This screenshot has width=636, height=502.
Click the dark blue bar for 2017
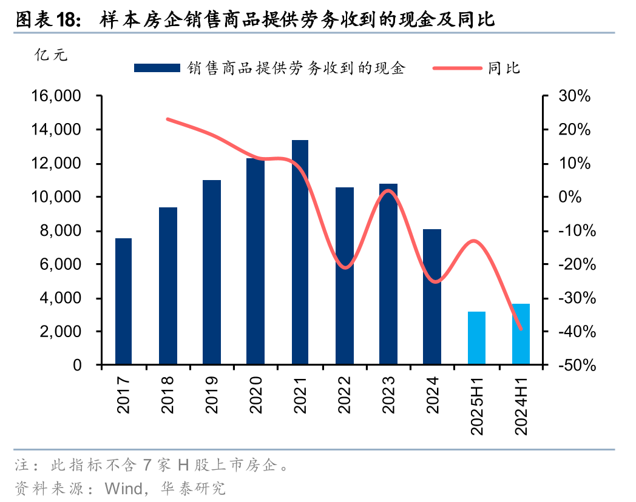tap(124, 302)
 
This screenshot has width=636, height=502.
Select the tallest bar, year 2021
tap(300, 253)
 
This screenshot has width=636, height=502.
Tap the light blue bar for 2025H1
tap(476, 338)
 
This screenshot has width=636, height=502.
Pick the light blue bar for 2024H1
tap(521, 335)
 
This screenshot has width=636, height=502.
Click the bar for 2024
tap(432, 297)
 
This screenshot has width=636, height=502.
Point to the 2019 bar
tap(212, 273)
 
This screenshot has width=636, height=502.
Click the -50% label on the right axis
tap(572, 366)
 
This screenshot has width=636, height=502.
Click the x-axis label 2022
tap(345, 394)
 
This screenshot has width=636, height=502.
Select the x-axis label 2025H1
tap(477, 405)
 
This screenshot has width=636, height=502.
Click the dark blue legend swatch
tap(157, 68)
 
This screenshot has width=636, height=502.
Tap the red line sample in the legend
tap(458, 68)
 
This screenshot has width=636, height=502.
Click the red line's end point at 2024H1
tap(521, 329)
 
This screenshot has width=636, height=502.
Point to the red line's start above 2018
tap(167, 119)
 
